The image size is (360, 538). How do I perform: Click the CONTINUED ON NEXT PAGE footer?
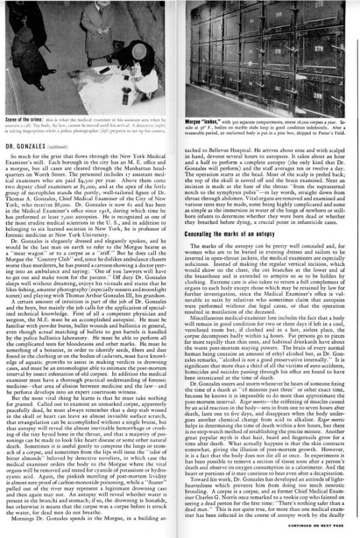coord(316,525)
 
